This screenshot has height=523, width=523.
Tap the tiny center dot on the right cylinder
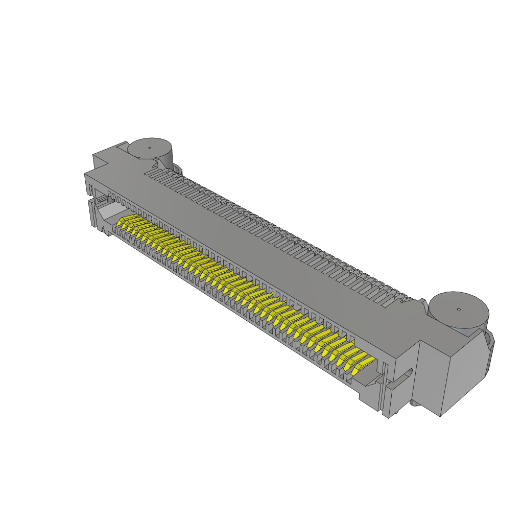(459, 309)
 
